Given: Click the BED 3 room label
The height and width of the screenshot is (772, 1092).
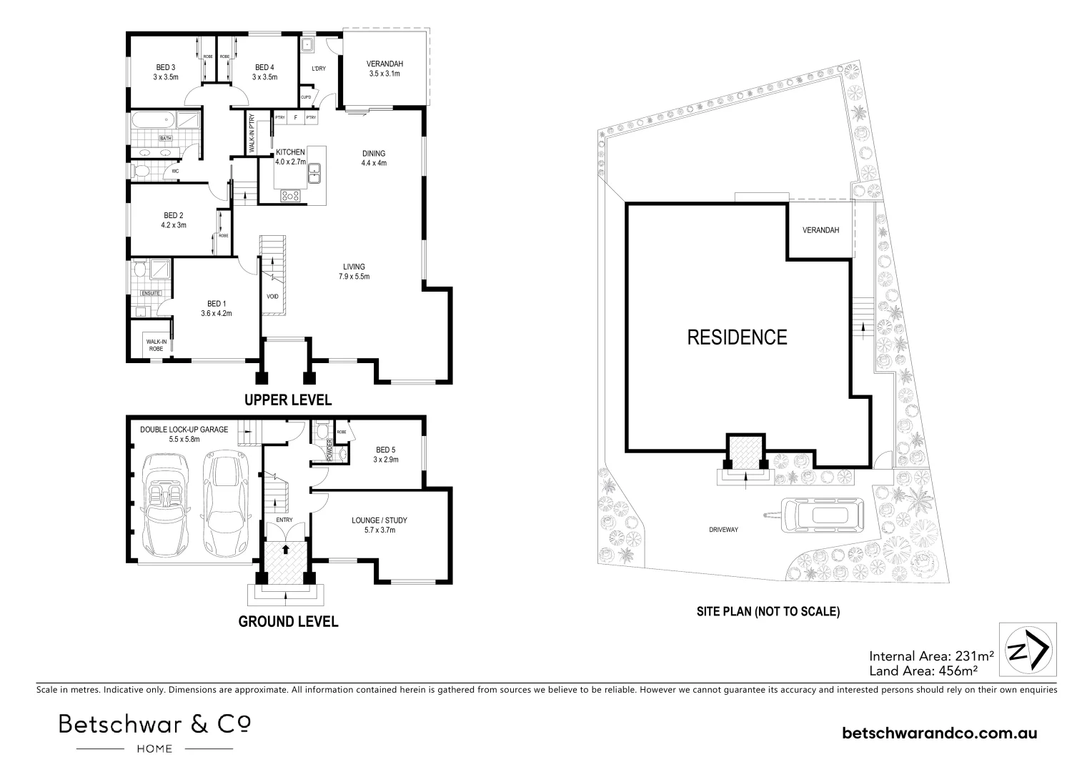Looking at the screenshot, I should click(x=165, y=71).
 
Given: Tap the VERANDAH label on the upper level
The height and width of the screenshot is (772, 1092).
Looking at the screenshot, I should click(x=385, y=68).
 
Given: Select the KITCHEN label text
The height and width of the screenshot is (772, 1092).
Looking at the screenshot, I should click(x=291, y=152).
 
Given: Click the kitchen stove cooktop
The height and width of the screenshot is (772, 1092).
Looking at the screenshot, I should click(x=292, y=194).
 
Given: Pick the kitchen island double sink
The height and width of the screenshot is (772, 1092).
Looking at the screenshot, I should click(x=314, y=172).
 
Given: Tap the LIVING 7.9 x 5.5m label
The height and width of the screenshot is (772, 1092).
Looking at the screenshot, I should click(x=354, y=272).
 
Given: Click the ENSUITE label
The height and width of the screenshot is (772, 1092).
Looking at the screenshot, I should click(x=151, y=293).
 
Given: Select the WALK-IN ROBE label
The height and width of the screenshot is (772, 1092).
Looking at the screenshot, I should click(x=157, y=345).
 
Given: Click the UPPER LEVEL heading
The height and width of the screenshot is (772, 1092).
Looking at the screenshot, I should click(x=288, y=400).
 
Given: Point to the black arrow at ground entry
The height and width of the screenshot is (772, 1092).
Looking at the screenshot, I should click(x=285, y=550).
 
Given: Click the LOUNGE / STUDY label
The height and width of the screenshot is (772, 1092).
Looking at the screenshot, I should click(x=379, y=525).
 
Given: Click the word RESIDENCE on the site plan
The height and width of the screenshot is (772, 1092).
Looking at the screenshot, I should click(x=737, y=337).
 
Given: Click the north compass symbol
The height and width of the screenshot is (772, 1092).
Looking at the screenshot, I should click(x=1027, y=649).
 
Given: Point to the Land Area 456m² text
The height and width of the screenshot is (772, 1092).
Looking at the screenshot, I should click(x=923, y=671).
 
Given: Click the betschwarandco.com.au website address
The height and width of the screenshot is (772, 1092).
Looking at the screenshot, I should click(x=940, y=733).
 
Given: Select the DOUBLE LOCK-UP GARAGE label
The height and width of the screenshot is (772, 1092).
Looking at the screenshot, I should click(x=184, y=434).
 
